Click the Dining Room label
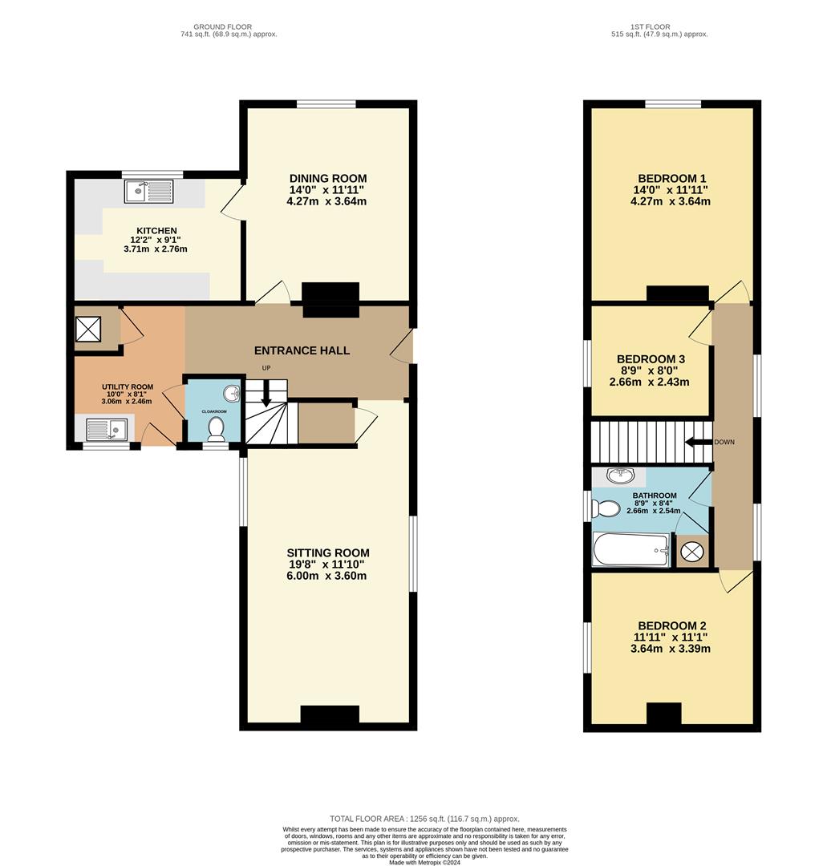click(x=328, y=178)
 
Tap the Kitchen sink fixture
click(x=149, y=192)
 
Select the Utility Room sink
click(x=107, y=429)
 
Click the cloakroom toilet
click(x=216, y=428)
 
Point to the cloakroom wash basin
click(x=232, y=393)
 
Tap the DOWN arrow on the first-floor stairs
click(x=699, y=442)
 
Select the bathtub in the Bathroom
click(x=631, y=549)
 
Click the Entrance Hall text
click(x=302, y=350)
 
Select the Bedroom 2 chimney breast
click(x=663, y=714)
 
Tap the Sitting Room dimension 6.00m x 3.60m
click(x=326, y=576)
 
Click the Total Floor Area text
click(x=425, y=819)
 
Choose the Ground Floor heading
click(x=223, y=26)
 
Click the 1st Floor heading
click(x=651, y=26)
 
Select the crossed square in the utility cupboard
click(x=88, y=329)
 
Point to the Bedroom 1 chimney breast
click(x=678, y=293)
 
